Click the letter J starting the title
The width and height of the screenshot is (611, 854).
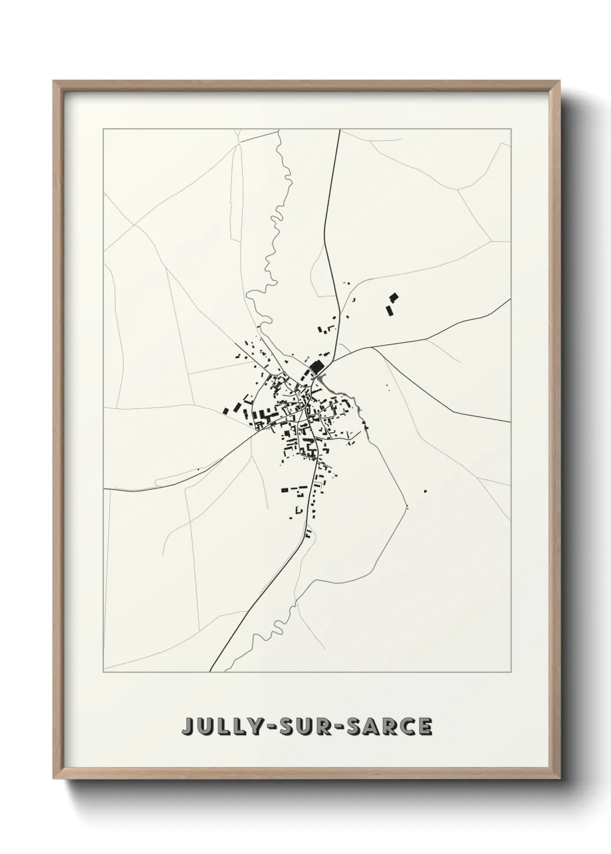188,726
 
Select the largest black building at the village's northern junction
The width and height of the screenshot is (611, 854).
316,366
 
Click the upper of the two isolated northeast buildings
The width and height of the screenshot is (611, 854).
394,298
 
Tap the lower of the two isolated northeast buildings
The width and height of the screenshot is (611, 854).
389,310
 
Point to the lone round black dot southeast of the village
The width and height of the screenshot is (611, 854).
425,491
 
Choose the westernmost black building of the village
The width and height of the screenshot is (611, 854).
226,410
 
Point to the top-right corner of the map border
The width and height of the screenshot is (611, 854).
510,129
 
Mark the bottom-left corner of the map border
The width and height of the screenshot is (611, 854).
103,672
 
